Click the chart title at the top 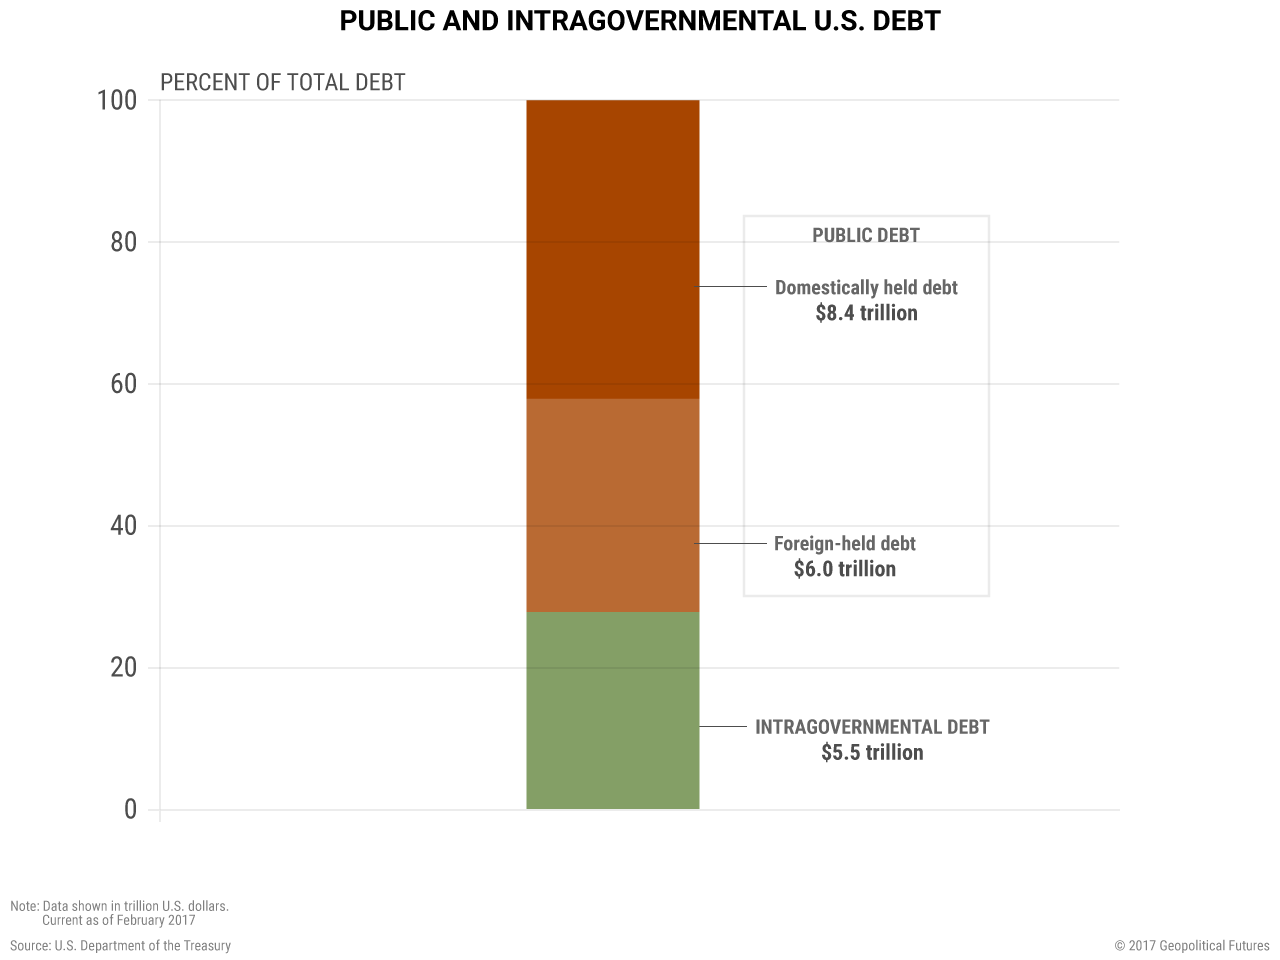[x=640, y=21]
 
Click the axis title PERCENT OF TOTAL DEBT [x=283, y=82]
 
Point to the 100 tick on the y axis [x=117, y=100]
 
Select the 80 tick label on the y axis [x=124, y=242]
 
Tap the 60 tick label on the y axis [x=124, y=384]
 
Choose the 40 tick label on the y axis [x=124, y=526]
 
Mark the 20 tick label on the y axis [x=124, y=668]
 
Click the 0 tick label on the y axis [x=130, y=810]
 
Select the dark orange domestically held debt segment [x=612, y=249]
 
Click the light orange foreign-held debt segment [x=612, y=505]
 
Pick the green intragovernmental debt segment [x=612, y=710]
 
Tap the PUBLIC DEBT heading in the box [x=866, y=235]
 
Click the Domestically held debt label [x=866, y=288]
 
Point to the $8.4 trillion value [x=866, y=313]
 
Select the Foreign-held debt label [x=845, y=544]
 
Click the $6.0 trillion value [x=845, y=569]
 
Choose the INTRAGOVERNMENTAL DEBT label [x=872, y=727]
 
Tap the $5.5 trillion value [x=872, y=753]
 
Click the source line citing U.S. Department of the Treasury [x=121, y=945]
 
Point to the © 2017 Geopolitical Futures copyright [x=1192, y=945]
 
